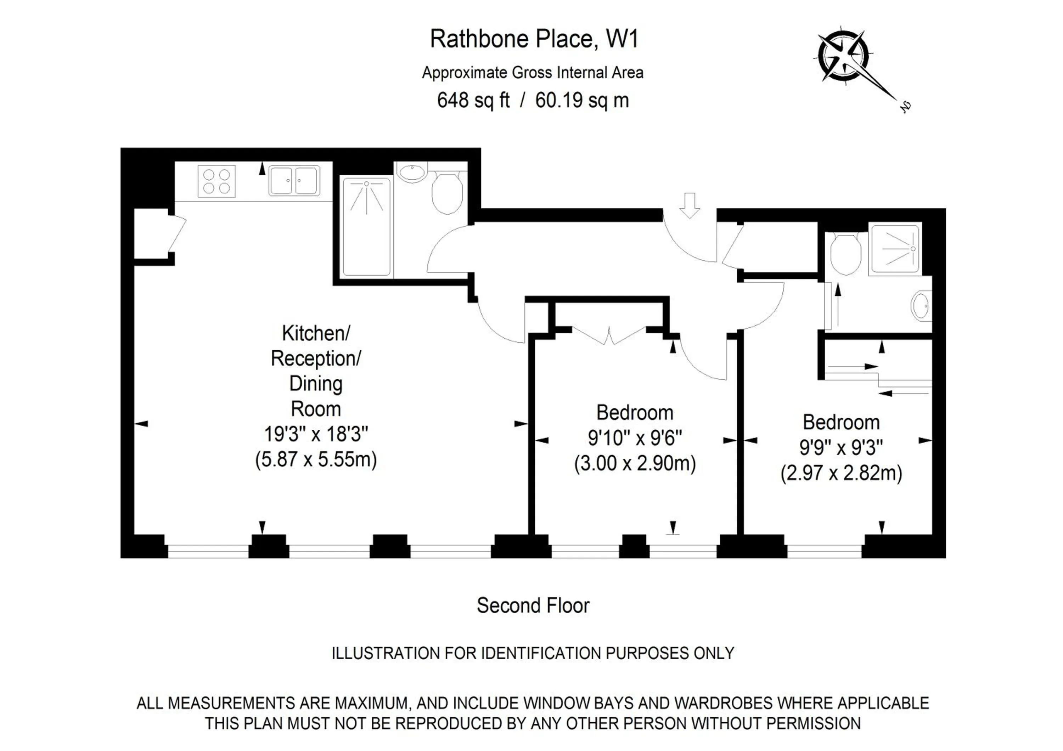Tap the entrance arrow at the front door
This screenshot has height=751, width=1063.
tap(690, 205)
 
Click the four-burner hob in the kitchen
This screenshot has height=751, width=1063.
tap(216, 181)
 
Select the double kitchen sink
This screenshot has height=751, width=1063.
tap(294, 181)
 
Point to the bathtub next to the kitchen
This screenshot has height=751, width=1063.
tap(366, 227)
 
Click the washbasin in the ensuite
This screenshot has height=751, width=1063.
tap(921, 306)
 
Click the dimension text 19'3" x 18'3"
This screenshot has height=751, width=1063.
tap(316, 435)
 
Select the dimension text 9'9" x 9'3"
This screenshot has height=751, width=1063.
tap(841, 447)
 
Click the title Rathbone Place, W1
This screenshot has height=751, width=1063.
tap(534, 39)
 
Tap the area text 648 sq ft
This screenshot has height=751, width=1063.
tap(473, 100)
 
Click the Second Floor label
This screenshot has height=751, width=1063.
tap(533, 606)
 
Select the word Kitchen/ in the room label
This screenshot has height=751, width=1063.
tap(316, 333)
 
